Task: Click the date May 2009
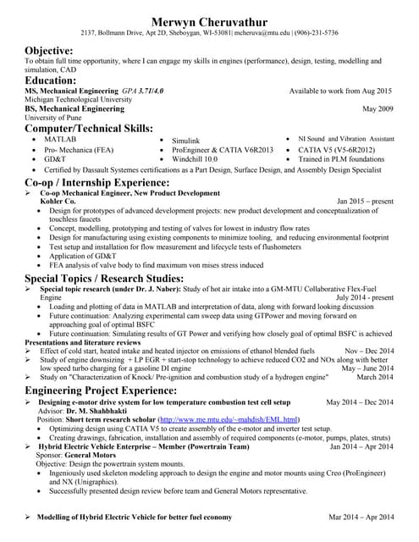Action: pyautogui.click(x=377, y=109)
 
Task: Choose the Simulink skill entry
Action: pyautogui.click(x=185, y=140)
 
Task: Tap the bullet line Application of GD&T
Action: pyautogui.click(x=85, y=255)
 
